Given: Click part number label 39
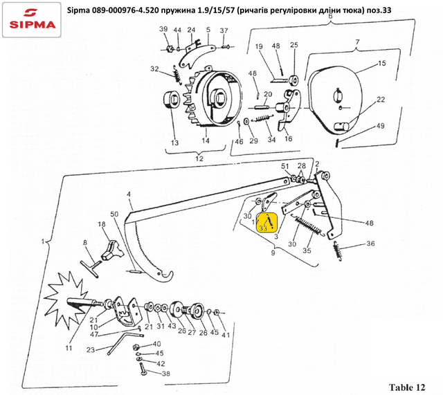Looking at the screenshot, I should (x=163, y=29).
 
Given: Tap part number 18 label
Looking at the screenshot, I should (x=102, y=225).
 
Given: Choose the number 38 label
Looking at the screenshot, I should (x=165, y=374).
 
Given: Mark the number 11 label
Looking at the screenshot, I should (x=69, y=348).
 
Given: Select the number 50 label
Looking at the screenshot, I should (x=114, y=214).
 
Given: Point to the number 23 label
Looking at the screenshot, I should (x=91, y=349).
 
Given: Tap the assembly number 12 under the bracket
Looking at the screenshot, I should (x=198, y=159).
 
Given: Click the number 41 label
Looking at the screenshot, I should (x=226, y=334).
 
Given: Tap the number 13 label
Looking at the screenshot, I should (x=174, y=143).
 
